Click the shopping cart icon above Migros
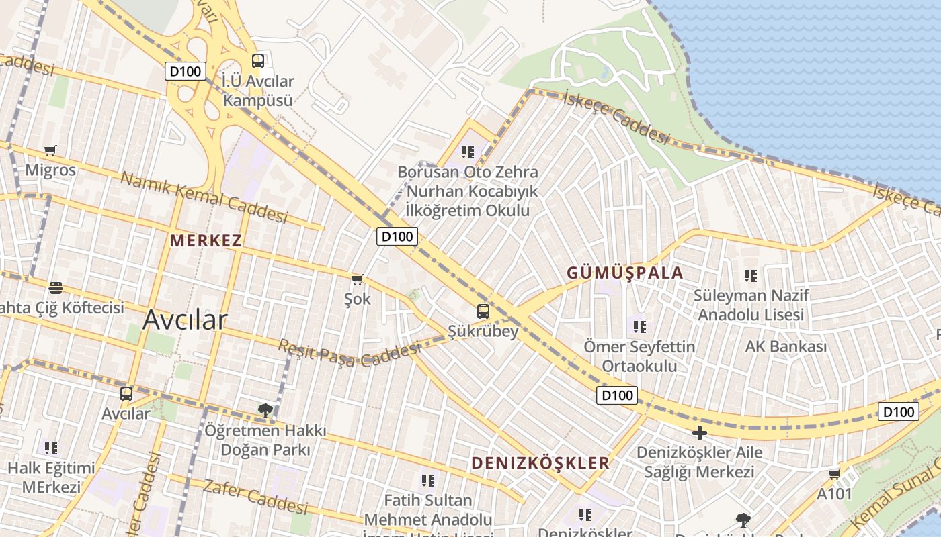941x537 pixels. coord(50,150)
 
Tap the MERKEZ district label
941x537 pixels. coord(206,240)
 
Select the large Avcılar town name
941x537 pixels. coord(185,320)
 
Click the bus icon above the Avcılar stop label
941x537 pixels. coord(126,394)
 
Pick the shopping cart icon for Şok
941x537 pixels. coord(357,279)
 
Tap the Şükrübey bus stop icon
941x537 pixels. coord(483,311)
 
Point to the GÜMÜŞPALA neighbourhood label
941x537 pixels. coord(624,273)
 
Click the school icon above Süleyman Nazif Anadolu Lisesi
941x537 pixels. coord(751,275)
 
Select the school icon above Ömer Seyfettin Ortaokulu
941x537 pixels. coord(639,327)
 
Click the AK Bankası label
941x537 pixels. coord(786,347)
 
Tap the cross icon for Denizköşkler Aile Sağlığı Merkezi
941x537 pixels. coord(700,433)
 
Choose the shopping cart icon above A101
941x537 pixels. coord(834,475)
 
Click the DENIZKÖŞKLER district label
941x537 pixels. coord(540,463)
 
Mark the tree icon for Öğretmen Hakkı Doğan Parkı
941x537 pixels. coord(265,410)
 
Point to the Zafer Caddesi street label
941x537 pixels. coord(255,497)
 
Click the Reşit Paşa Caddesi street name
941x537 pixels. coord(350,354)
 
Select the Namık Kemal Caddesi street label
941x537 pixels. coord(204,197)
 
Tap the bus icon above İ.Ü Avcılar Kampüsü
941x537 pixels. coord(258,61)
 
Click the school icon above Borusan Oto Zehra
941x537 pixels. coord(468,152)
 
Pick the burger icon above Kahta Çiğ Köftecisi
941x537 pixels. coord(56,288)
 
